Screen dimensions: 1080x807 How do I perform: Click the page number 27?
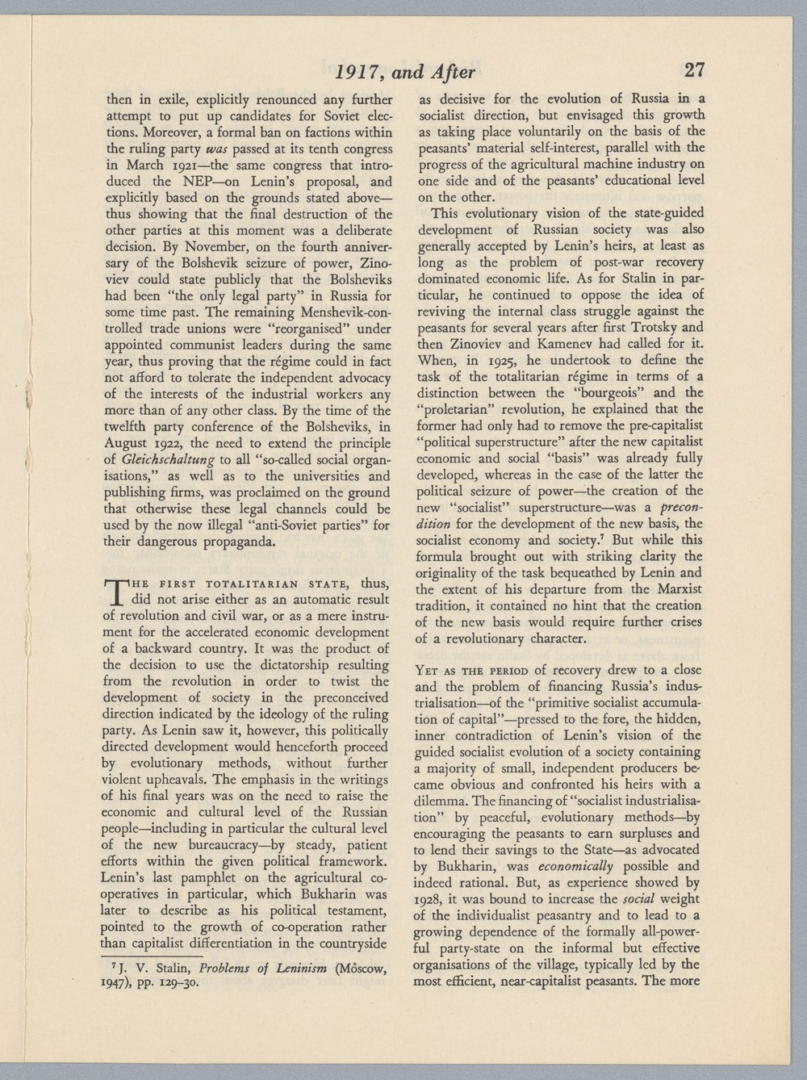pyautogui.click(x=693, y=70)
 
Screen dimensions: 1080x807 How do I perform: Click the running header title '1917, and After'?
pyautogui.click(x=405, y=72)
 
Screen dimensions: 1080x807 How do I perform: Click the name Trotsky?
pyautogui.click(x=654, y=327)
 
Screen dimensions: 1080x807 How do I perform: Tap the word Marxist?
pyautogui.click(x=678, y=589)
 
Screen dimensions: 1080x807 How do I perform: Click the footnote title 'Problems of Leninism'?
pyautogui.click(x=262, y=969)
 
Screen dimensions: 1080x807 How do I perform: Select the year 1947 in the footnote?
pyautogui.click(x=119, y=984)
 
